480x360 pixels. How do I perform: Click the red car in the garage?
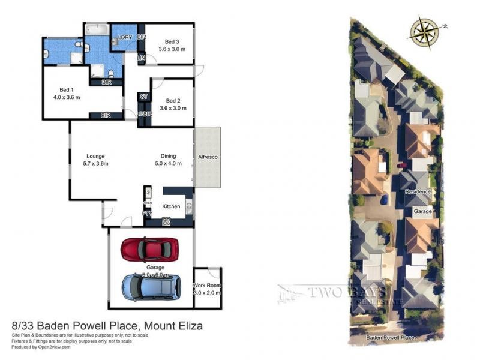tap(150, 248)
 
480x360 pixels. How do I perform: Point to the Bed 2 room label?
tap(173, 100)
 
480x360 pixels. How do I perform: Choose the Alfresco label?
tap(207, 157)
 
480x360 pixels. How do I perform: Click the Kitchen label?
tap(171, 206)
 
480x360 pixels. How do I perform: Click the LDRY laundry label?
tap(125, 37)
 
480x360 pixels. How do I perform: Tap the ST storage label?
tap(144, 96)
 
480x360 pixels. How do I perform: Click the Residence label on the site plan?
tap(418, 191)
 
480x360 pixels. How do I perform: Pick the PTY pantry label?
tap(145, 212)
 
